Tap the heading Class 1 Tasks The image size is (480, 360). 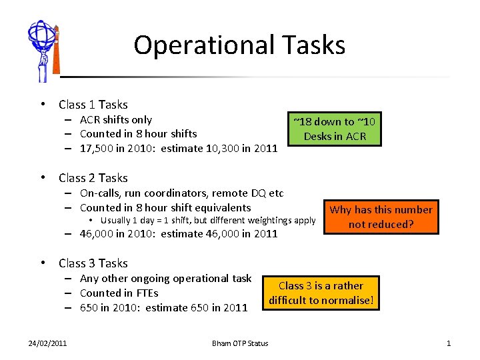[x=93, y=105]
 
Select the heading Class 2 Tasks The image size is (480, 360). [x=93, y=178]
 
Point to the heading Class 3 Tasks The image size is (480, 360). [x=93, y=263]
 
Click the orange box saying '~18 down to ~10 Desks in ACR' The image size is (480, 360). [x=335, y=129]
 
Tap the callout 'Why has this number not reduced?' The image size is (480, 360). [x=381, y=217]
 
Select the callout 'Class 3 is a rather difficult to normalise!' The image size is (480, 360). [x=321, y=293]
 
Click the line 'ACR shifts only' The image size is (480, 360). [x=115, y=120]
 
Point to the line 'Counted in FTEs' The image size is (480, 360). [x=119, y=293]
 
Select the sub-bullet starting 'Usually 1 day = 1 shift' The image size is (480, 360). [x=207, y=221]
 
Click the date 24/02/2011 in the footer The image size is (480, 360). [x=47, y=343]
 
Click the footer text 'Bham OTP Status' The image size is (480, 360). [x=240, y=343]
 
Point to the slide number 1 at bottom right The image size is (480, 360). [x=449, y=343]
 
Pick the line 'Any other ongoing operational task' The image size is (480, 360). [x=165, y=279]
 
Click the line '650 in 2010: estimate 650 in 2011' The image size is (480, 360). [x=163, y=308]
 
